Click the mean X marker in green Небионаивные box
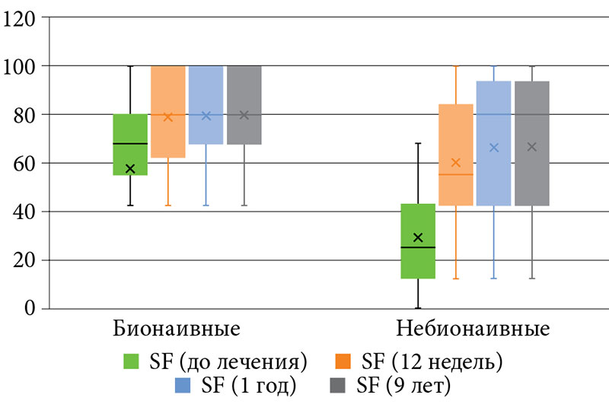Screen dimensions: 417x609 [418, 237]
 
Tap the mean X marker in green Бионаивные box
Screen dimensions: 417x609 [130, 169]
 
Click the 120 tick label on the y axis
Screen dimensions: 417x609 [21, 18]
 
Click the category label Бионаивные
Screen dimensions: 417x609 [177, 330]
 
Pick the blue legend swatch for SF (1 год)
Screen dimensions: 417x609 [183, 386]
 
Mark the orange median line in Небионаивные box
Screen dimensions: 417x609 [456, 174]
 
